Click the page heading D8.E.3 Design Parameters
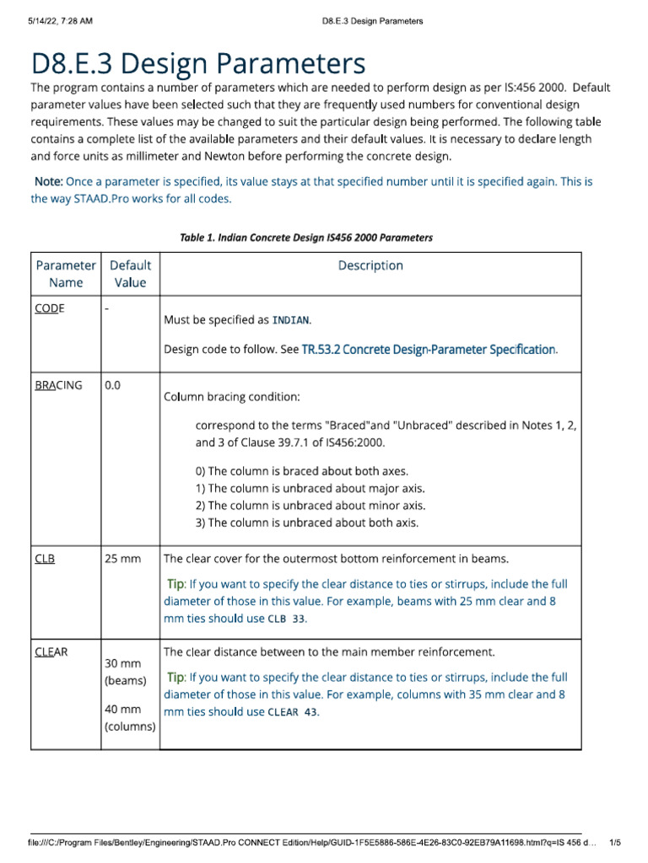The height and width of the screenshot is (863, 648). [x=198, y=64]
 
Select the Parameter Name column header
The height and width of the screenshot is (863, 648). [x=66, y=274]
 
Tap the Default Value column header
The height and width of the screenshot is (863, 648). [x=130, y=274]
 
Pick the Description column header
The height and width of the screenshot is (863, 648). [x=370, y=265]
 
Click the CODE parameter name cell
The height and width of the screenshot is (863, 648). [x=50, y=309]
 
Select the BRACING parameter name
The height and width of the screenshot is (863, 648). [x=59, y=385]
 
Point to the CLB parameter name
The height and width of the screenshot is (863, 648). [x=45, y=559]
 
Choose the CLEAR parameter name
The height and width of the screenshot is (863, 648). [x=52, y=652]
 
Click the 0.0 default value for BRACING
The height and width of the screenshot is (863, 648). [x=113, y=385]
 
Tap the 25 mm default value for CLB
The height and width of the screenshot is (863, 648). [x=123, y=559]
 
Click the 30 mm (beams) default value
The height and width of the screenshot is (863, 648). [x=125, y=672]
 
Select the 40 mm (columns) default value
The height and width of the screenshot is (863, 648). [x=130, y=717]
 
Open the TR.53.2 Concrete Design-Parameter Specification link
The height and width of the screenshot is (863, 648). [x=429, y=349]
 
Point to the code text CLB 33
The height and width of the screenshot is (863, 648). [x=286, y=619]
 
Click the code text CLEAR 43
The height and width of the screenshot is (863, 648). [x=293, y=712]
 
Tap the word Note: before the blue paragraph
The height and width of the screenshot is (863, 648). [x=48, y=182]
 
